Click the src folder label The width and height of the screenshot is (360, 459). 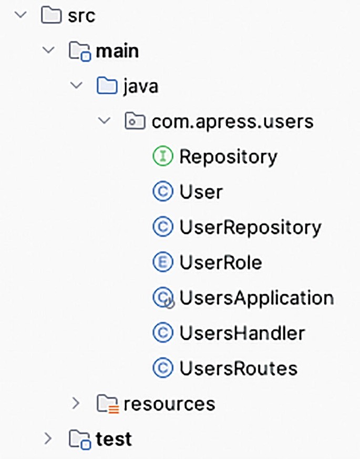coord(81,16)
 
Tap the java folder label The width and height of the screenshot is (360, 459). coord(140,86)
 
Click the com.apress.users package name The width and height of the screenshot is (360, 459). coord(232,121)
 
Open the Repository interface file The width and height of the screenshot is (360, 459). coord(228,157)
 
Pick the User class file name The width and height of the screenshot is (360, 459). coord(201,192)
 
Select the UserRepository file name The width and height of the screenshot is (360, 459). coord(250,227)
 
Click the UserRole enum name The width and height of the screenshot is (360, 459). coord(220,262)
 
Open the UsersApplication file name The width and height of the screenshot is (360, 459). coord(256,298)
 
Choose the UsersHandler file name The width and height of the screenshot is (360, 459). coord(242,333)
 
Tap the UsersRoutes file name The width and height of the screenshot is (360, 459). coord(238,368)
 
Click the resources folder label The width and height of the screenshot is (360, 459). coord(169,403)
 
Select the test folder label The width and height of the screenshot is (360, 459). coord(114,438)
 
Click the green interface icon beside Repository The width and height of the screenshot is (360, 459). coord(162,157)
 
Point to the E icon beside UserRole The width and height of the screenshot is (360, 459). coord(162,262)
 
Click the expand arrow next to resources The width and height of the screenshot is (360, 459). coord(76,403)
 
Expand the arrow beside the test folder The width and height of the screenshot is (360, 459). coord(48,438)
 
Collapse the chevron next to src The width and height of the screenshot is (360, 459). coord(20,15)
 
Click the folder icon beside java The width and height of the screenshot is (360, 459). coord(107,86)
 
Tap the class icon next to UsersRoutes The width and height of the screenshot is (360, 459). coord(162,368)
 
